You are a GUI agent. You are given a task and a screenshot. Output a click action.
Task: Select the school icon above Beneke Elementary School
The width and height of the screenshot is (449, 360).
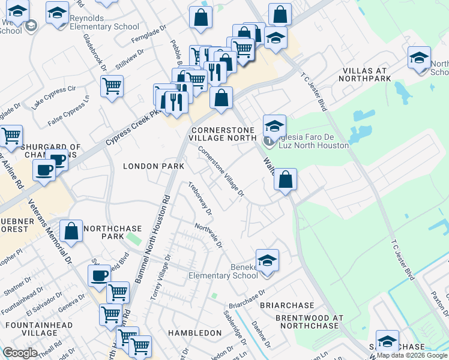[268, 261]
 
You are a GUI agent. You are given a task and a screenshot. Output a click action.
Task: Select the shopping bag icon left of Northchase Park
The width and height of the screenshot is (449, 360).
[71, 232]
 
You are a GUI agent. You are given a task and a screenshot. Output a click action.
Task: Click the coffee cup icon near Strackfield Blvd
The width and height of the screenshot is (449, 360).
[100, 276]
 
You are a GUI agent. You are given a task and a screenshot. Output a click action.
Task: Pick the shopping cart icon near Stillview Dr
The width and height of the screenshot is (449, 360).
[112, 87]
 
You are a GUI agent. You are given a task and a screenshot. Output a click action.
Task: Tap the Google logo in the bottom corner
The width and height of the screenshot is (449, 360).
[20, 353]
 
